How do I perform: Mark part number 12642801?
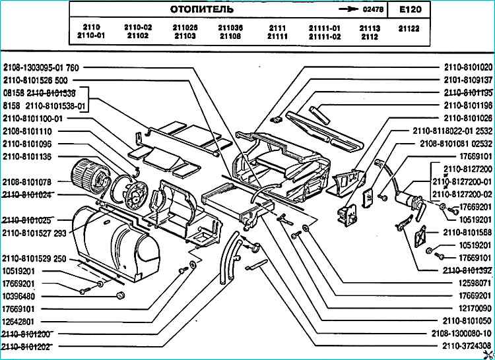tap(20, 320)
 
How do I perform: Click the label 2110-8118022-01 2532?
tap(453, 131)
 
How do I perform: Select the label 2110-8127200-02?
tap(462, 194)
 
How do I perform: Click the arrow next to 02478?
tap(345, 10)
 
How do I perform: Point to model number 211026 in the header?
tap(185, 28)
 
